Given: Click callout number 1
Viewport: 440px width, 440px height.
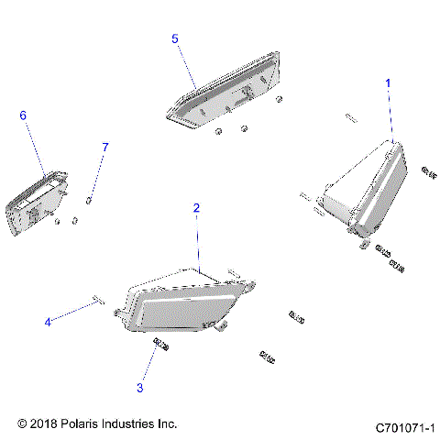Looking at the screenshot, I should (388, 82).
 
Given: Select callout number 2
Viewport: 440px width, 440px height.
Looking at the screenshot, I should (196, 208).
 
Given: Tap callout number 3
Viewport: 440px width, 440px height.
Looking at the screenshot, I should (140, 388).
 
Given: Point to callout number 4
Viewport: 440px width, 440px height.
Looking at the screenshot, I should (48, 321).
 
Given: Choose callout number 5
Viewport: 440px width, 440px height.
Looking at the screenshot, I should (175, 38).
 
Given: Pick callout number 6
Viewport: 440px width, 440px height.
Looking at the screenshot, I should (24, 115).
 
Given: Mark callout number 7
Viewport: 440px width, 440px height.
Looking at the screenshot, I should (105, 147).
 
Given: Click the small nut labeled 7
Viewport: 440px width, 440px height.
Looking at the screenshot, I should (90, 199).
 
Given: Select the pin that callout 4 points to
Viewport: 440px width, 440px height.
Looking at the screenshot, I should (98, 299).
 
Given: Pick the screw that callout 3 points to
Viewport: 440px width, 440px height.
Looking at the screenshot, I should (161, 344).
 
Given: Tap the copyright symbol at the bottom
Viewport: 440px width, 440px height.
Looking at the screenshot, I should (23, 424).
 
